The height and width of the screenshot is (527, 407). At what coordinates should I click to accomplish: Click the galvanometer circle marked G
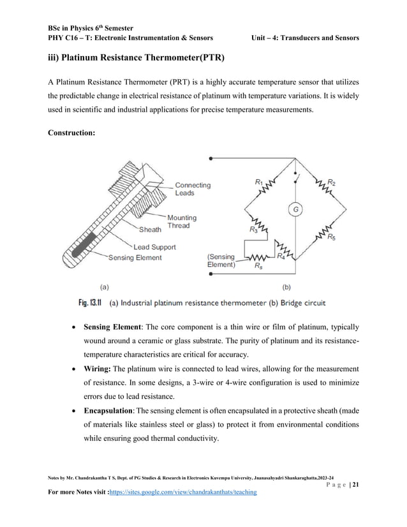296,209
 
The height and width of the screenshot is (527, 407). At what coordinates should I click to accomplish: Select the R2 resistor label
332,182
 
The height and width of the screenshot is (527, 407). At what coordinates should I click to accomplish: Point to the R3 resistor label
255,228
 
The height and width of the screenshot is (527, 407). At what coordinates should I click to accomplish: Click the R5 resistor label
332,238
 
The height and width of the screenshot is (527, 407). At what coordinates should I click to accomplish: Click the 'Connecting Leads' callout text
193,189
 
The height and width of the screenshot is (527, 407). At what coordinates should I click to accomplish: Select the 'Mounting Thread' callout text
182,221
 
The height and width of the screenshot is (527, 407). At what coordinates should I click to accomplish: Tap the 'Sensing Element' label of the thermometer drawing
135,258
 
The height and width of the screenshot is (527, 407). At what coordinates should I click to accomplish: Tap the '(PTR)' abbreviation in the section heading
205,59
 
